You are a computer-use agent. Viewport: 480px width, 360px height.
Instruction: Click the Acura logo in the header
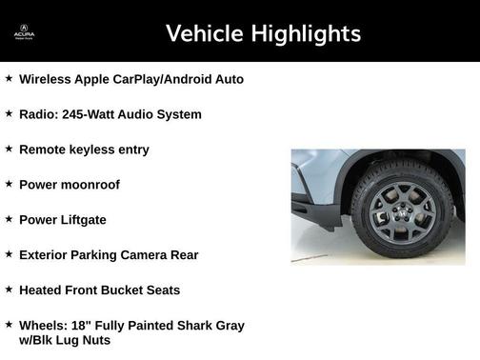point(24,32)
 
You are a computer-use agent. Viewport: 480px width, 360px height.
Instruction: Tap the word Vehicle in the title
point(204,34)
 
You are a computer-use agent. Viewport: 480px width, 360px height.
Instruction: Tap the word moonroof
point(89,185)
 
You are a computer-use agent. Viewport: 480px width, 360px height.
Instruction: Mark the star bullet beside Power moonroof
point(9,183)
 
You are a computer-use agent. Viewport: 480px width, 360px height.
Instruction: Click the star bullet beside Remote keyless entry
point(9,148)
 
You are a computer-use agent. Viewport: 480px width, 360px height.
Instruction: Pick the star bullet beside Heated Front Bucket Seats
point(9,289)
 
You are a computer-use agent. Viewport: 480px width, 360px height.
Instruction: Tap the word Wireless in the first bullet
point(46,79)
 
